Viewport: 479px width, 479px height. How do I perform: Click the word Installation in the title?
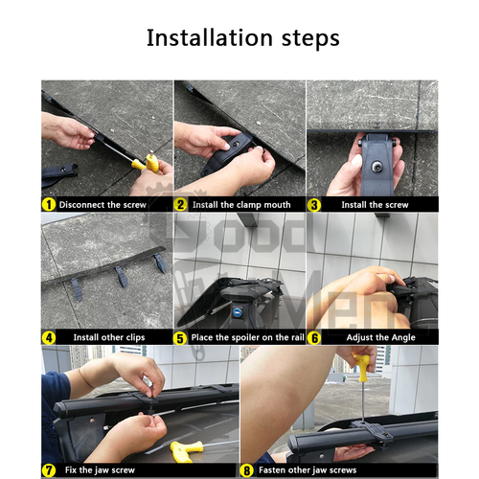210,38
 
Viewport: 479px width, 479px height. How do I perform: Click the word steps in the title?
310,39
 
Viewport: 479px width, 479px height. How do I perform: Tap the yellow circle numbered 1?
49,205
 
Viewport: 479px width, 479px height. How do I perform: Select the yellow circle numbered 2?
180,205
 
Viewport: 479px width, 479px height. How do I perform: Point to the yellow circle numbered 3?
314,205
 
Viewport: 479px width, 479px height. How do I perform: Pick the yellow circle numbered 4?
49,338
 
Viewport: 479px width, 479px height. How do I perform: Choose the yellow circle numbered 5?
180,338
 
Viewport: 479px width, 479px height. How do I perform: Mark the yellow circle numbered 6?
314,338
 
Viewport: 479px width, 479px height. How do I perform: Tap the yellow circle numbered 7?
49,470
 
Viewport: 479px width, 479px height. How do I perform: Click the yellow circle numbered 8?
247,470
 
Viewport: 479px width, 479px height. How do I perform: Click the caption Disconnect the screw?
103,205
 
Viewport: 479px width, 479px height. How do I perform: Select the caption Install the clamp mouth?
241,205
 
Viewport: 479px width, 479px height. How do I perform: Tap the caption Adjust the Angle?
380,337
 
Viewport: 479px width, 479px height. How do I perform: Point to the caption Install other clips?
109,337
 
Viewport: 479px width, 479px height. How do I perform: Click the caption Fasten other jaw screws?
308,470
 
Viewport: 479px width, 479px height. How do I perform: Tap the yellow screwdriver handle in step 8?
361,367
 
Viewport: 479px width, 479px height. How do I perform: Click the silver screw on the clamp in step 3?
376,167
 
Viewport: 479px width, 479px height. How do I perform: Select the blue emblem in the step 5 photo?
237,312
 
